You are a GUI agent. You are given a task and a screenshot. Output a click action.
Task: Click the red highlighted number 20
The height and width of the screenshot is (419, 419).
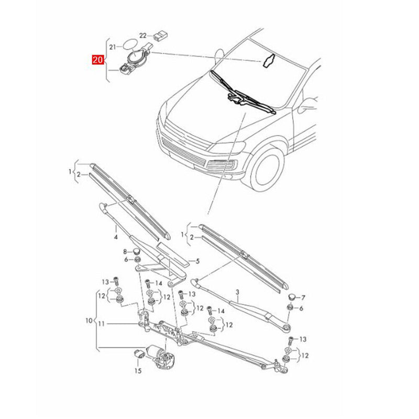(97, 60)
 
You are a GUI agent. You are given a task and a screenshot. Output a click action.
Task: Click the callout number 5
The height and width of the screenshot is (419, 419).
(197, 261)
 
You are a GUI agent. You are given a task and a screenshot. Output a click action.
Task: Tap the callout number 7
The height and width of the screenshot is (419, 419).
(303, 297)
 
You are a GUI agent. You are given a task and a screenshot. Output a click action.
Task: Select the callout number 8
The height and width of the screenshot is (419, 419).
(125, 252)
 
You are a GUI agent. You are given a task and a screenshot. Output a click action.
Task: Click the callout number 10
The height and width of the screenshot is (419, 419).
(89, 319)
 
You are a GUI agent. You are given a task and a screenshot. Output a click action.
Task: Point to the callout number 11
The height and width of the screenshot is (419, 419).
(102, 324)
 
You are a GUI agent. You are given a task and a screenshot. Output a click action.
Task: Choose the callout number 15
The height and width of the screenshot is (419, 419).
(138, 371)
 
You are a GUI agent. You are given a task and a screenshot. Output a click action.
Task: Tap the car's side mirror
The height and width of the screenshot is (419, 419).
(305, 105)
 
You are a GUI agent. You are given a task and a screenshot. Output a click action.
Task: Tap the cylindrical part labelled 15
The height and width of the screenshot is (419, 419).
(139, 352)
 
